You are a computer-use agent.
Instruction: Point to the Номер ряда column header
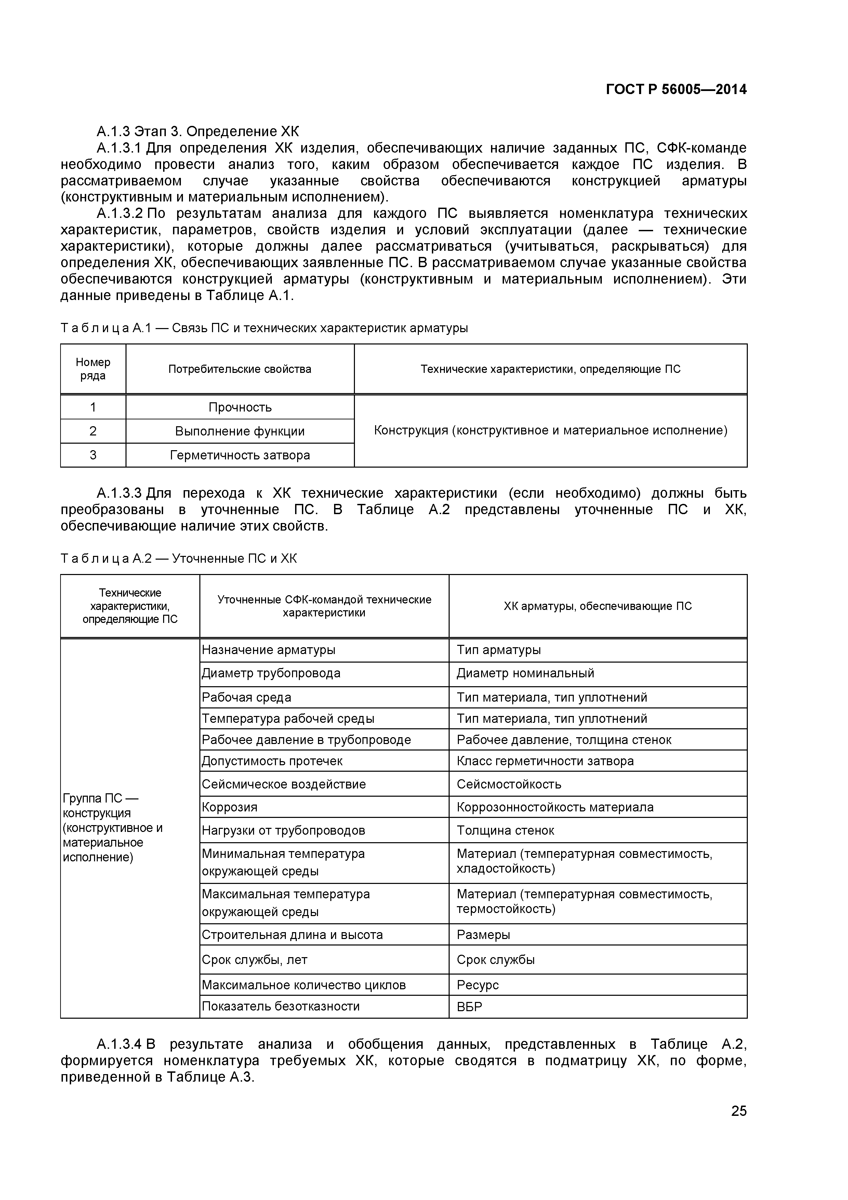coord(93,369)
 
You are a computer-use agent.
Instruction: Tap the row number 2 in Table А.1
coord(93,431)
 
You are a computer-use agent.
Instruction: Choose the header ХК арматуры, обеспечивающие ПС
coord(597,606)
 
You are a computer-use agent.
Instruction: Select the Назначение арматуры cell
coord(268,650)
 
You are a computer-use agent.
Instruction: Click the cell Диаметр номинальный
coord(525,673)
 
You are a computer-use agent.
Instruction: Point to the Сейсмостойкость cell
coord(509,784)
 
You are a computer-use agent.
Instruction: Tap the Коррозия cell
coord(230,807)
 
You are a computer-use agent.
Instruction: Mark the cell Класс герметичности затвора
coord(545,761)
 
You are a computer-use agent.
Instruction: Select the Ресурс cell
coord(478,985)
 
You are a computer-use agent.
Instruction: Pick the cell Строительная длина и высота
coord(292,935)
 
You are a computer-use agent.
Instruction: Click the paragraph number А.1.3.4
coord(119,1044)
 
